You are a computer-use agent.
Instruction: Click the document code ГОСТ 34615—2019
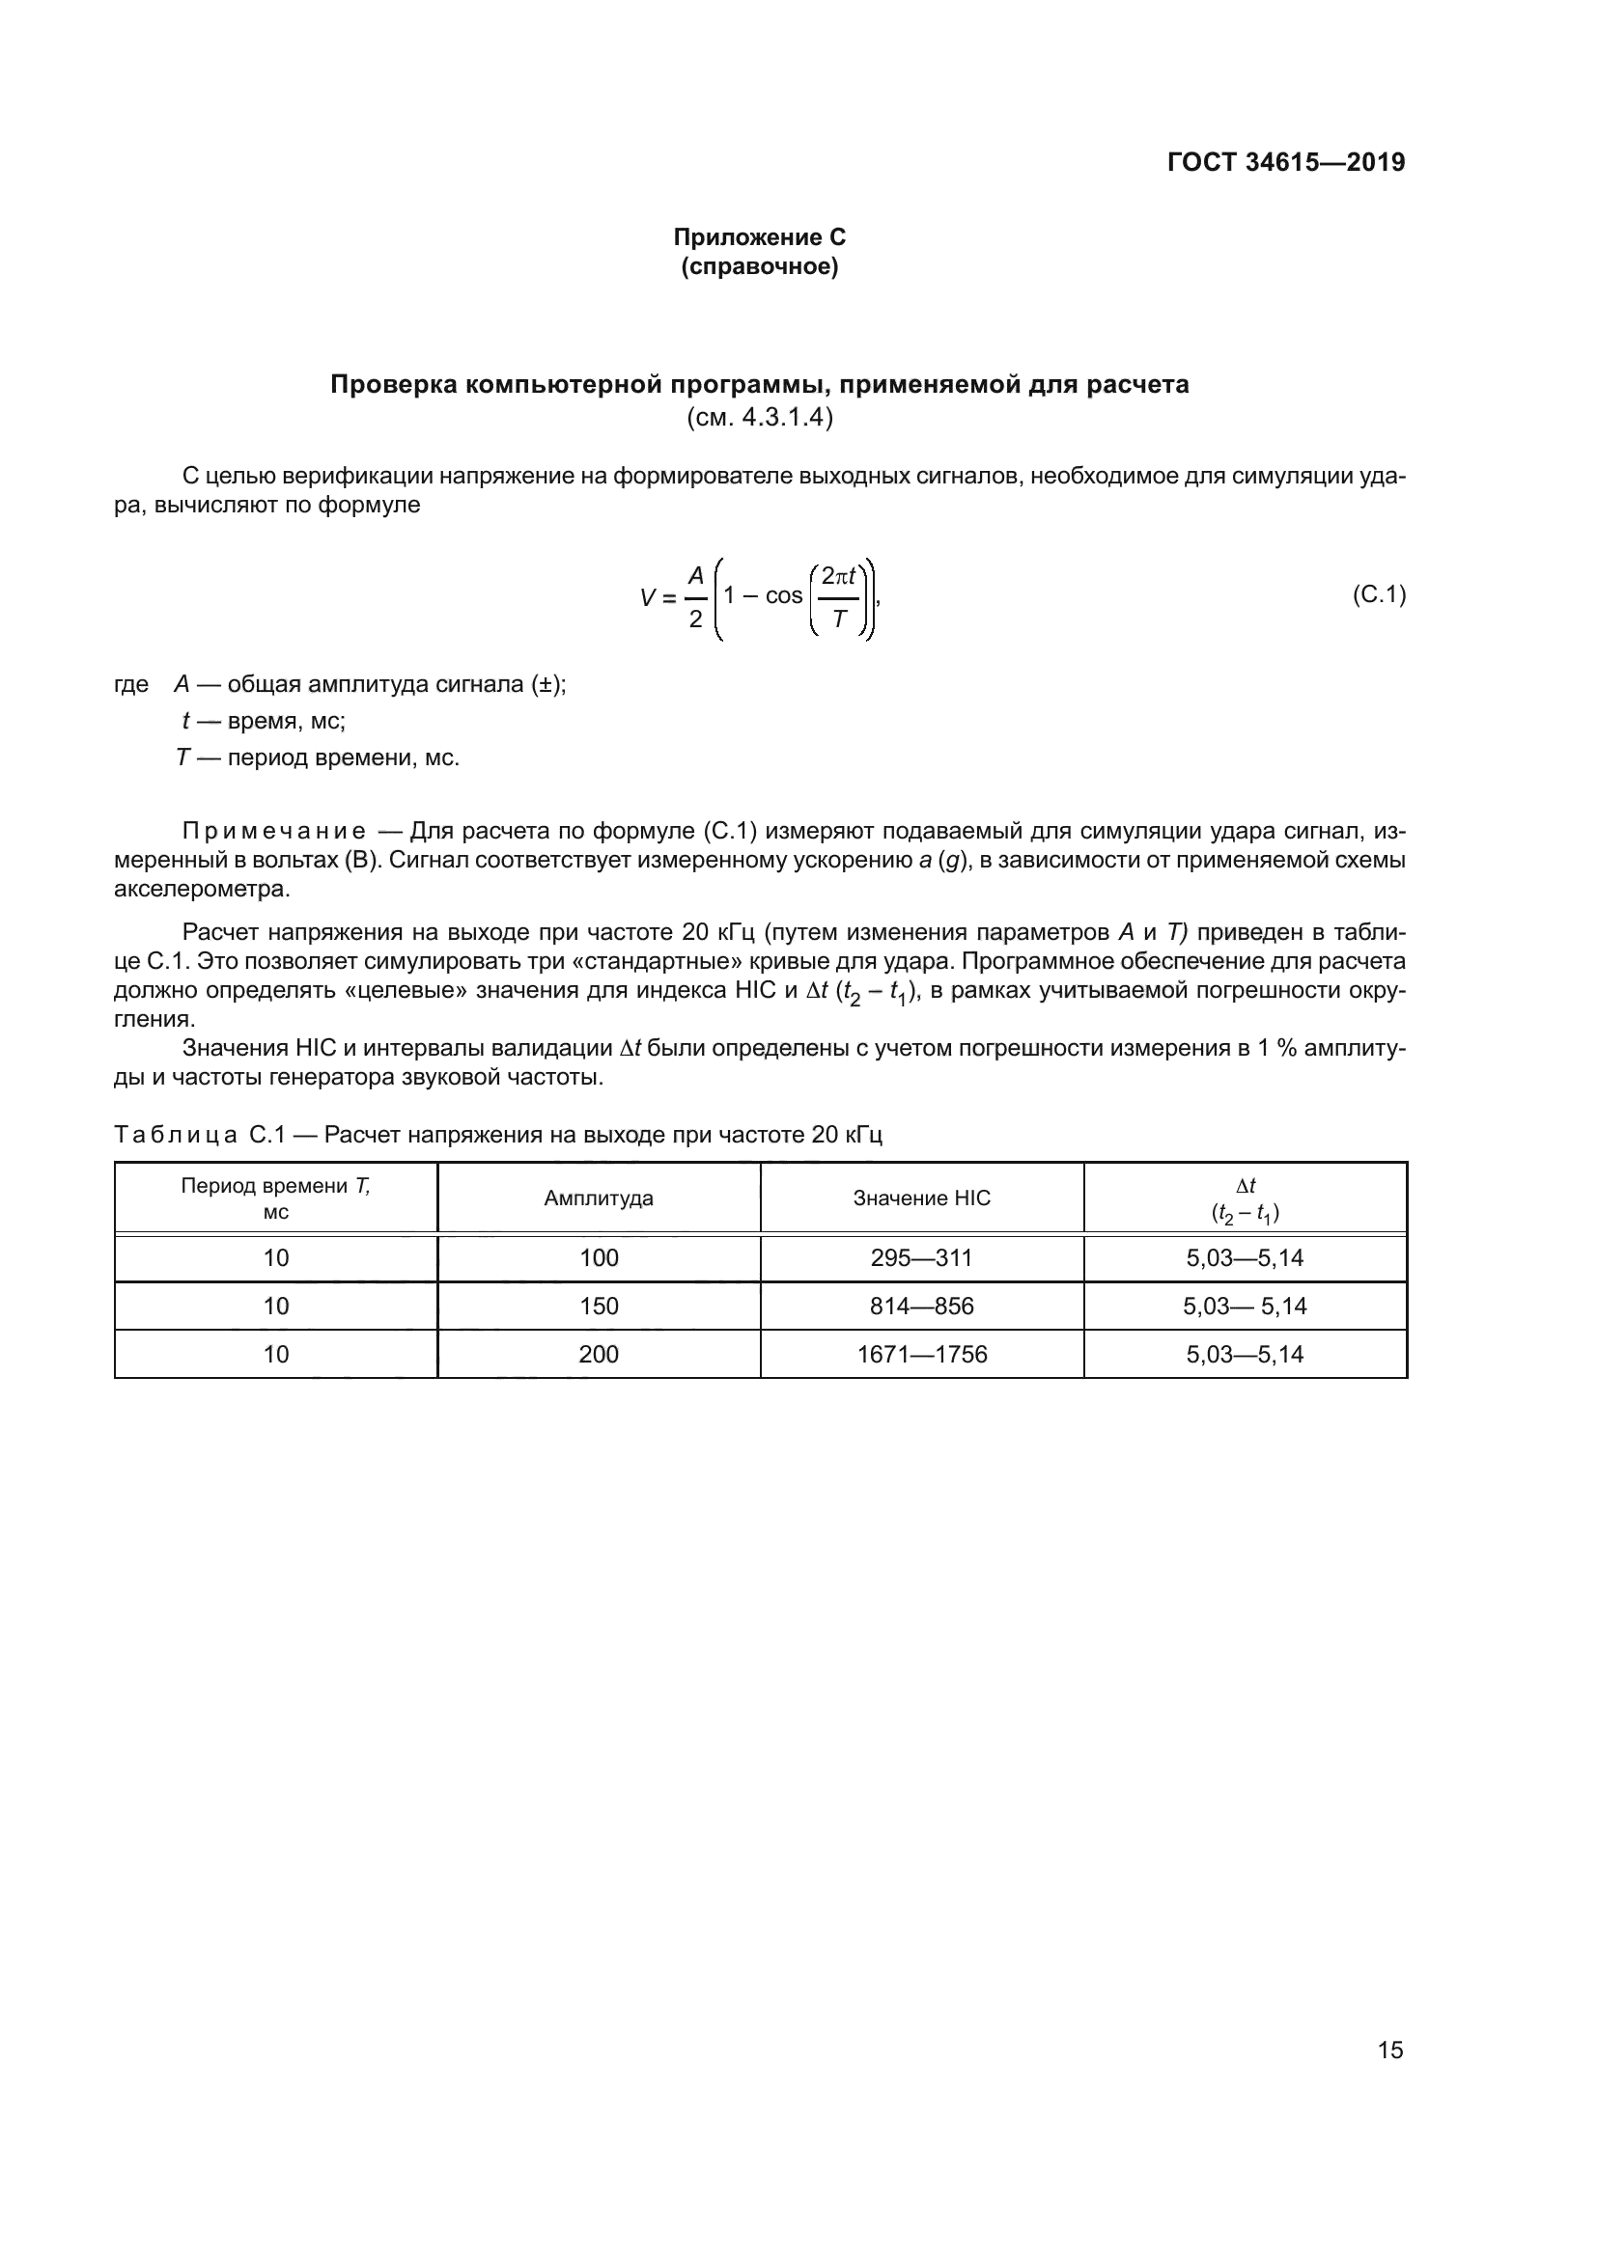1285,162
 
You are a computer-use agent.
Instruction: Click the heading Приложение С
759,237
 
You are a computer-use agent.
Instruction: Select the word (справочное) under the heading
759,266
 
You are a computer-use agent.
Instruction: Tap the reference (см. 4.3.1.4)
759,417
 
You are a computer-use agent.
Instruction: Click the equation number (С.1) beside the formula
1379,593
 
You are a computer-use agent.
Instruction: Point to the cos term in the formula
784,595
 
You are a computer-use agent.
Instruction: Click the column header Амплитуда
598,1197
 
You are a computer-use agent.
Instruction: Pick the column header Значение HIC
921,1197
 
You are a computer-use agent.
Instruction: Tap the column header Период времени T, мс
275,1197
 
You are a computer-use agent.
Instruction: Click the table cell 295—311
921,1257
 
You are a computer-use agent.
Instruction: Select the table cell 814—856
921,1306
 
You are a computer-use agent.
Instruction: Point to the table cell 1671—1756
921,1354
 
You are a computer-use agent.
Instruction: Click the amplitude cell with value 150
598,1306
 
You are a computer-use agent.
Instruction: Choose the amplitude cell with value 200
598,1354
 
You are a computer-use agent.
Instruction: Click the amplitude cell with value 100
598,1257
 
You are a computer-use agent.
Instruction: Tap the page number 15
1389,2050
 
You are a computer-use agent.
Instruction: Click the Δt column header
1245,1198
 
